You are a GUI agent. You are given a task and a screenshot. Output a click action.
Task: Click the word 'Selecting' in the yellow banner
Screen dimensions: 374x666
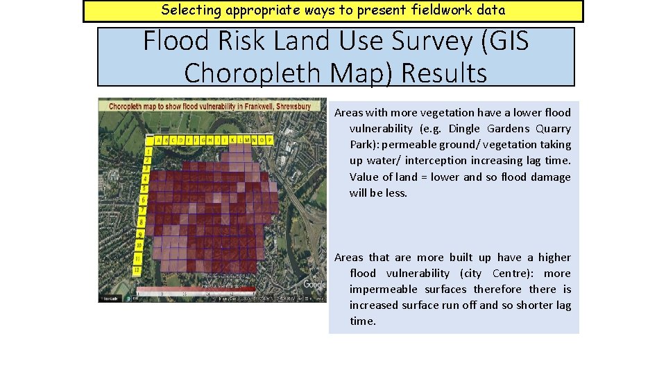pyautogui.click(x=189, y=10)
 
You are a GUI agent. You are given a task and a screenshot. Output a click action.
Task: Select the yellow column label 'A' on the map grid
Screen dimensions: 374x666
pyautogui.click(x=158, y=140)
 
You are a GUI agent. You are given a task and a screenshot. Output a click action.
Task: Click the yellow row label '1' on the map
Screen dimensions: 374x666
pyautogui.click(x=148, y=151)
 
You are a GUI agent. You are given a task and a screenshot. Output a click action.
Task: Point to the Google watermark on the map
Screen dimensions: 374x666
pyautogui.click(x=314, y=285)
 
